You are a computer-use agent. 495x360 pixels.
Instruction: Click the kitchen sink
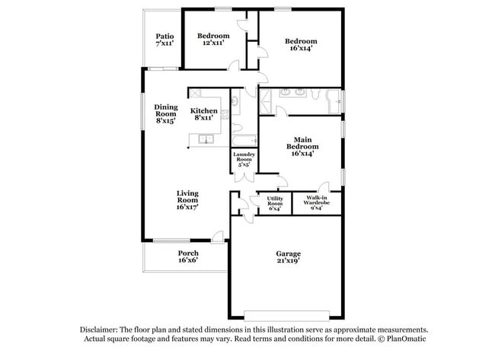(205, 139)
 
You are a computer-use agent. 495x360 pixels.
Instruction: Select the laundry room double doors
(244, 177)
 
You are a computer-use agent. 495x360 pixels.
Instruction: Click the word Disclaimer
(104, 330)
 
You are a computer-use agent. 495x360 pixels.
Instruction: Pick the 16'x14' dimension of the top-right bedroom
(301, 49)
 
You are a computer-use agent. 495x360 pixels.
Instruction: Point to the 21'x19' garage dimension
(287, 261)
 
